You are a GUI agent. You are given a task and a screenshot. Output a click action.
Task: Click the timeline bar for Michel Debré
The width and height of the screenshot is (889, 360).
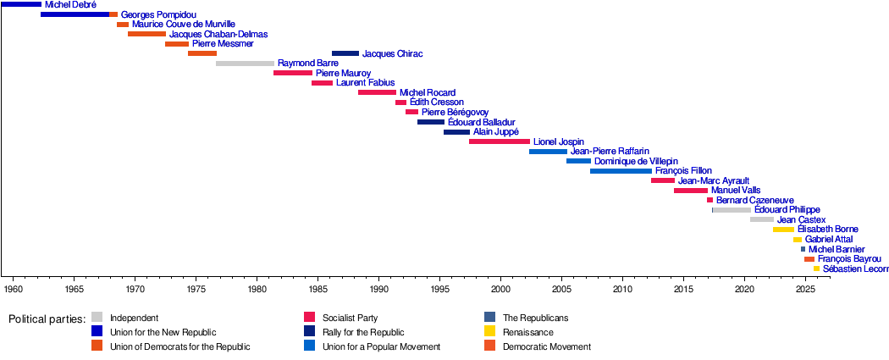(x=20, y=5)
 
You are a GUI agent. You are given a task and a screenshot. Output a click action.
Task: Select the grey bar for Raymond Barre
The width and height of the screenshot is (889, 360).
(x=245, y=64)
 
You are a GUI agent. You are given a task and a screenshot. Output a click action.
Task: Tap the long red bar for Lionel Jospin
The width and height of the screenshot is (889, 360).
(x=499, y=141)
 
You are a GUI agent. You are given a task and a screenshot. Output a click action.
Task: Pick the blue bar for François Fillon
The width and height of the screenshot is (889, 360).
(x=621, y=171)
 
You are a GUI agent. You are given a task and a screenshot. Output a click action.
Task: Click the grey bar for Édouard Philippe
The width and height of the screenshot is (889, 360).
(x=732, y=210)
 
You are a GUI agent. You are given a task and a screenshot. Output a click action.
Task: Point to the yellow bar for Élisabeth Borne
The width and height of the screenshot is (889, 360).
(x=783, y=230)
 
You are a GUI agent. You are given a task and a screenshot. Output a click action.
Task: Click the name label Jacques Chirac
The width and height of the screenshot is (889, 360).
(x=392, y=54)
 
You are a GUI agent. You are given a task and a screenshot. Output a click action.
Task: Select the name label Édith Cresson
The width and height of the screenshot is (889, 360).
(x=436, y=102)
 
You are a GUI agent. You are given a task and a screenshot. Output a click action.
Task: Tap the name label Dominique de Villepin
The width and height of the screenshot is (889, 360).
(x=636, y=161)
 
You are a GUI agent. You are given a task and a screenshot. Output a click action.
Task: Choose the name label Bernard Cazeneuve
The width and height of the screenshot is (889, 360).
(x=754, y=201)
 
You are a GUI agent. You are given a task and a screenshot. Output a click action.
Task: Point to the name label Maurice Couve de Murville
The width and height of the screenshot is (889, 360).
(x=184, y=25)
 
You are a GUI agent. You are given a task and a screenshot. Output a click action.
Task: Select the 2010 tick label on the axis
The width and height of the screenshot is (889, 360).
(x=622, y=290)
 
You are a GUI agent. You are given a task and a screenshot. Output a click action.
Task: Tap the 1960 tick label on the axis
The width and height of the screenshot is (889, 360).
(x=14, y=290)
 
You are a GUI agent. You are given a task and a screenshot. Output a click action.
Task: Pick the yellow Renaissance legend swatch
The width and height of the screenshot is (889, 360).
(x=489, y=332)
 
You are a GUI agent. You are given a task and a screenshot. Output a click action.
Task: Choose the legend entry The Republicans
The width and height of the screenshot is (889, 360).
(x=535, y=318)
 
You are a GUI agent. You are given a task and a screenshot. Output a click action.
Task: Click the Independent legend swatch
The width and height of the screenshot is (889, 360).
(x=97, y=318)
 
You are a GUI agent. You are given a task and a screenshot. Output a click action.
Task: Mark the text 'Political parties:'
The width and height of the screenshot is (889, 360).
(x=47, y=319)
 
